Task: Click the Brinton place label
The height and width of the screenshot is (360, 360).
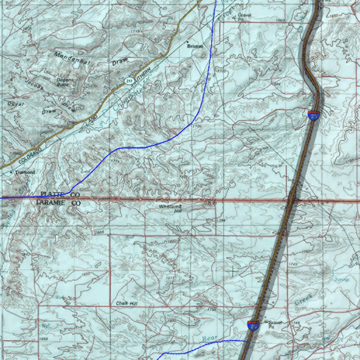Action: click(x=195, y=46)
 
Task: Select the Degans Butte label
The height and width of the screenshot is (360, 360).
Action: click(x=65, y=82)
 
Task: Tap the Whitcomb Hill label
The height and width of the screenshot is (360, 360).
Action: click(x=170, y=209)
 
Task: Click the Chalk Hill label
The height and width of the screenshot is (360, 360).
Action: click(x=127, y=303)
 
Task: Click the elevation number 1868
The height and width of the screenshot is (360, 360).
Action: click(x=44, y=339)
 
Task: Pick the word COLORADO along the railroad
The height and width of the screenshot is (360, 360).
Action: click(x=30, y=154)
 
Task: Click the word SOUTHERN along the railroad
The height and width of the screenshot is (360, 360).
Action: click(x=143, y=76)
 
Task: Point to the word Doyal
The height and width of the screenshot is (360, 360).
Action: click(x=16, y=104)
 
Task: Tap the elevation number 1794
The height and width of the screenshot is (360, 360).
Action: click(x=221, y=220)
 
